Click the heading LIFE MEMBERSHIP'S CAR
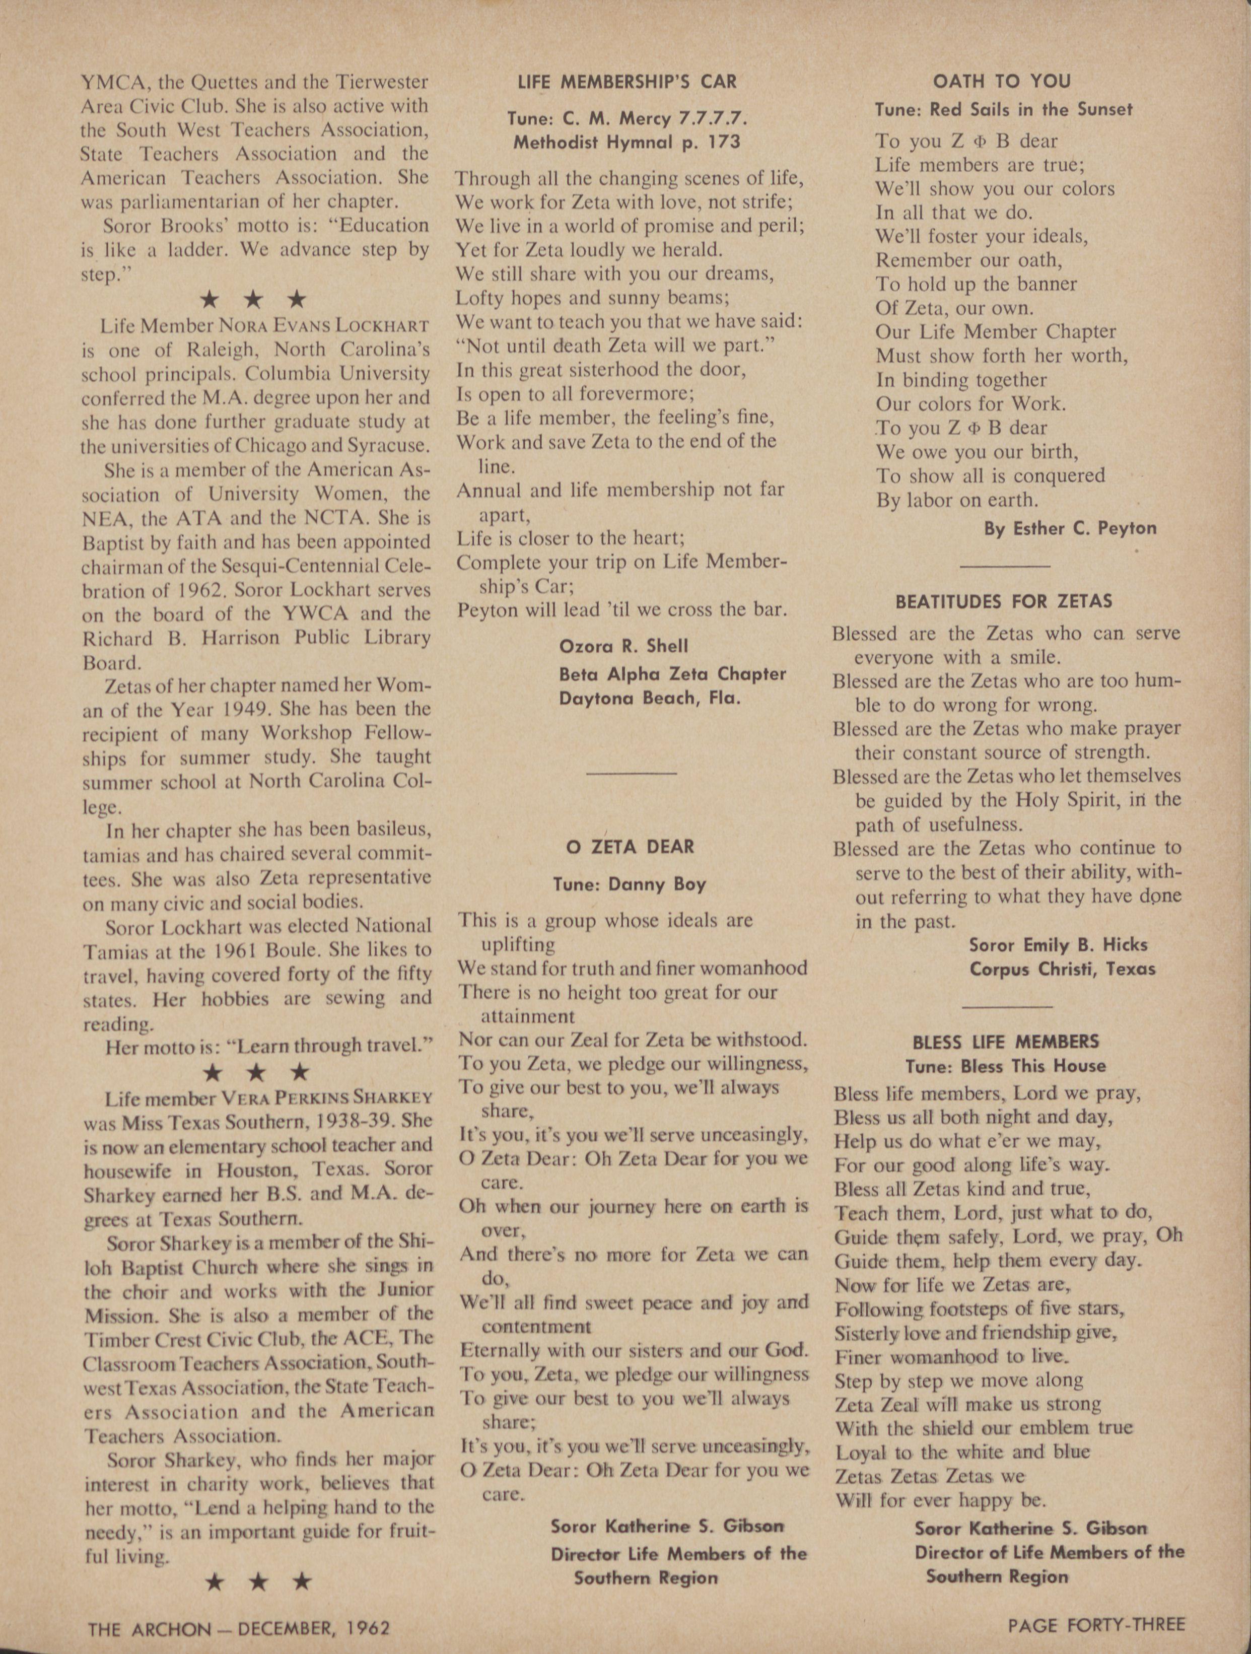click(x=628, y=82)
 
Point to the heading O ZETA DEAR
click(x=631, y=847)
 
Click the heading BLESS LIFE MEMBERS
click(x=1006, y=1041)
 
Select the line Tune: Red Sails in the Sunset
click(x=1004, y=109)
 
